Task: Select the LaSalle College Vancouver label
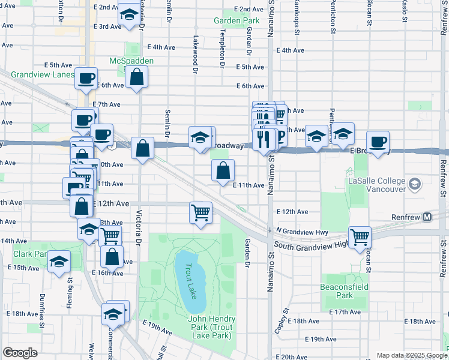pyautogui.click(x=376, y=184)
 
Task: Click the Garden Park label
pyautogui.click(x=236, y=20)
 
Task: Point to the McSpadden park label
pyautogui.click(x=131, y=61)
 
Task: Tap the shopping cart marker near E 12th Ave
pyautogui.click(x=200, y=211)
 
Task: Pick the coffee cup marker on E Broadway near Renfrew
pyautogui.click(x=378, y=142)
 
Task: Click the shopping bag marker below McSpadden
pyautogui.click(x=137, y=77)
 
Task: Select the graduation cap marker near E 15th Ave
pyautogui.click(x=59, y=262)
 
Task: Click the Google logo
pyautogui.click(x=20, y=353)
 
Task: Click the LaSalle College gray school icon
pyautogui.click(x=414, y=183)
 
